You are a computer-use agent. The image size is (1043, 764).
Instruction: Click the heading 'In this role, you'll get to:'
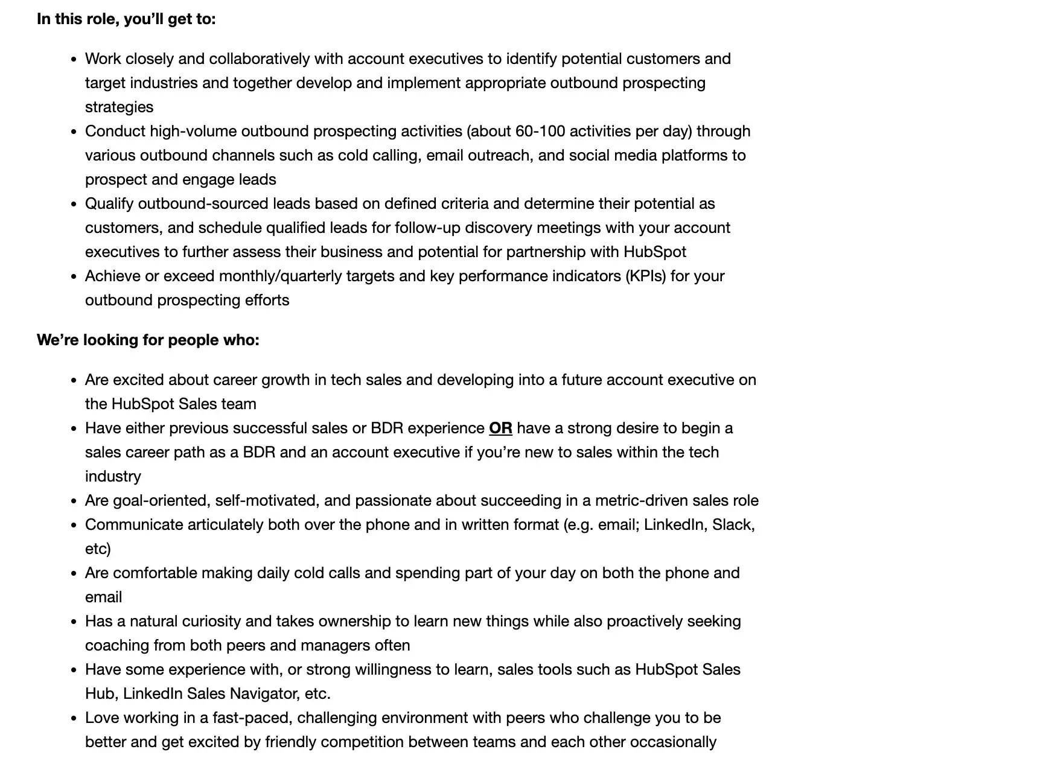click(126, 19)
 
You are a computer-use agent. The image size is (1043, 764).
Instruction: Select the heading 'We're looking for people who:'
click(148, 340)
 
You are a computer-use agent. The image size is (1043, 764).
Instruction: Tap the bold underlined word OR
click(500, 428)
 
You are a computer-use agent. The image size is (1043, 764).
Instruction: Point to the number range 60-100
click(540, 131)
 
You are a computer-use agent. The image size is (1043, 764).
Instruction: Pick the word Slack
click(733, 524)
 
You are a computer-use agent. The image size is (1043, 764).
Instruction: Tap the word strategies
click(119, 107)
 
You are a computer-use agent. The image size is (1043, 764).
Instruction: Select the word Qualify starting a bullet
click(109, 203)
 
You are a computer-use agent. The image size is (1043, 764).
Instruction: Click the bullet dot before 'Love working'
click(74, 718)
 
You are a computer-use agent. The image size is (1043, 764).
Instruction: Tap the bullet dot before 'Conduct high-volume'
click(74, 132)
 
